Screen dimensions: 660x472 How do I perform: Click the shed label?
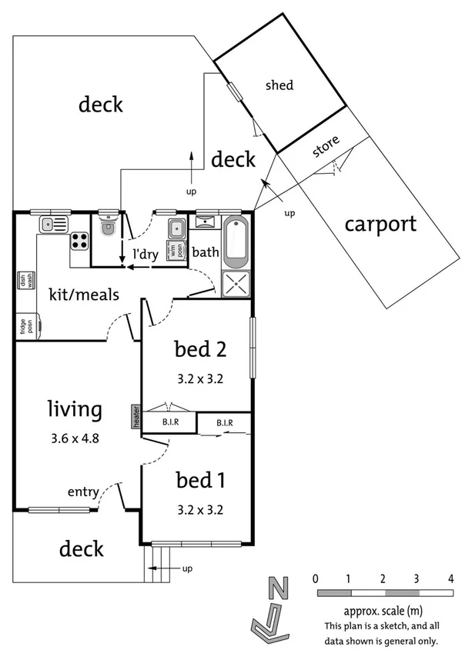pyautogui.click(x=279, y=85)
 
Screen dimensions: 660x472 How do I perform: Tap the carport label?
pyautogui.click(x=380, y=224)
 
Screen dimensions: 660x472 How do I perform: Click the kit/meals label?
pyautogui.click(x=83, y=295)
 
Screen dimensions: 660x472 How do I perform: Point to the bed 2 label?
pyautogui.click(x=199, y=350)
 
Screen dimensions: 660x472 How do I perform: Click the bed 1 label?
pyautogui.click(x=199, y=481)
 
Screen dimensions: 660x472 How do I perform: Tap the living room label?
pyautogui.click(x=74, y=409)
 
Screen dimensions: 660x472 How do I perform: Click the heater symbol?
pyautogui.click(x=136, y=417)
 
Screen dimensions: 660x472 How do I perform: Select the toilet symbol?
pyautogui.click(x=109, y=226)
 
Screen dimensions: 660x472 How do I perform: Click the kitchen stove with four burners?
pyautogui.click(x=79, y=242)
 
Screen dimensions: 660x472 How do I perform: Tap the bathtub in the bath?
pyautogui.click(x=235, y=241)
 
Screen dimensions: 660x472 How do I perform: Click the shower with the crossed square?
pyautogui.click(x=235, y=284)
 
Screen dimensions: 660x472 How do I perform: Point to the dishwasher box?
pyautogui.click(x=21, y=281)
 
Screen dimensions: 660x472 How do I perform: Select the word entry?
pyautogui.click(x=82, y=492)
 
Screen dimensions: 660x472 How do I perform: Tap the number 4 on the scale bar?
pyautogui.click(x=450, y=578)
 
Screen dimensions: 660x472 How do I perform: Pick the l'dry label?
pyautogui.click(x=146, y=255)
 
